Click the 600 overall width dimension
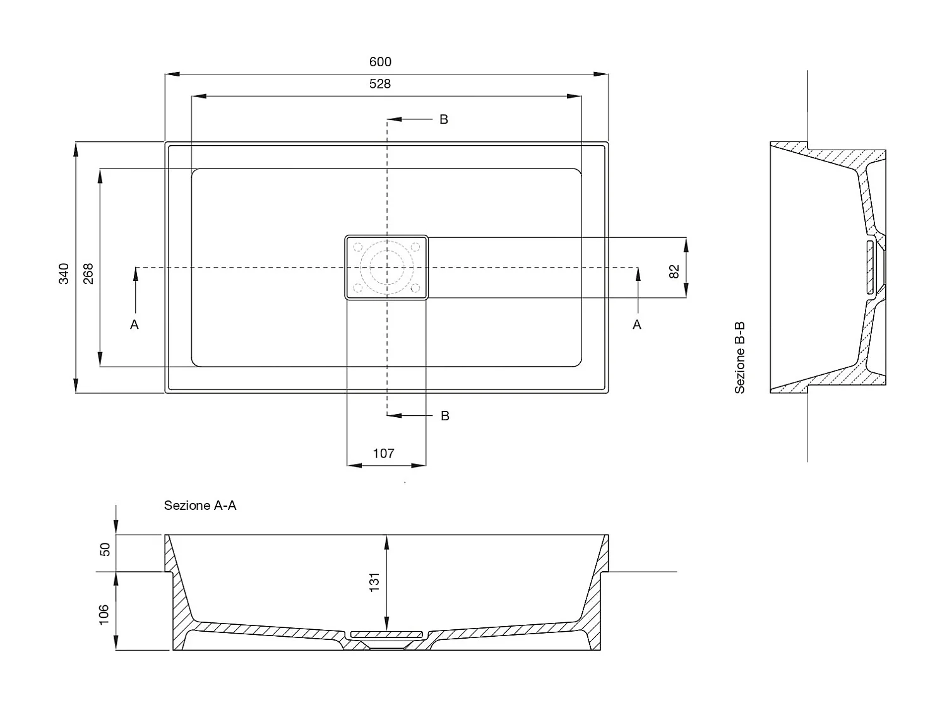pyautogui.click(x=380, y=62)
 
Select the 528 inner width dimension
pyautogui.click(x=380, y=84)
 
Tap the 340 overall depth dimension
pyautogui.click(x=64, y=274)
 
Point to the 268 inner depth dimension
pyautogui.click(x=88, y=274)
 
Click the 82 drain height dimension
pyautogui.click(x=674, y=271)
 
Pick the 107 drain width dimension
pyautogui.click(x=384, y=454)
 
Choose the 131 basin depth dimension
pyautogui.click(x=374, y=582)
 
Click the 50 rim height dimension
pyautogui.click(x=105, y=550)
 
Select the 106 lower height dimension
pyautogui.click(x=104, y=615)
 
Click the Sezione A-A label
pyautogui.click(x=200, y=506)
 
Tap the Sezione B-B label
pyautogui.click(x=739, y=358)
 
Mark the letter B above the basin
pyautogui.click(x=444, y=119)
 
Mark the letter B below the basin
pyautogui.click(x=445, y=416)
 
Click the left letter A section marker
pyautogui.click(x=134, y=324)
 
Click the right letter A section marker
pyautogui.click(x=637, y=324)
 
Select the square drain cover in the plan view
pyautogui.click(x=386, y=267)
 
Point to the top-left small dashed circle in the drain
pyautogui.click(x=358, y=247)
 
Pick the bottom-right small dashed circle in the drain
pyautogui.click(x=415, y=288)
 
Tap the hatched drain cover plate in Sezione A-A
pyautogui.click(x=386, y=634)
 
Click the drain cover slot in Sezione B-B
pyautogui.click(x=870, y=267)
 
